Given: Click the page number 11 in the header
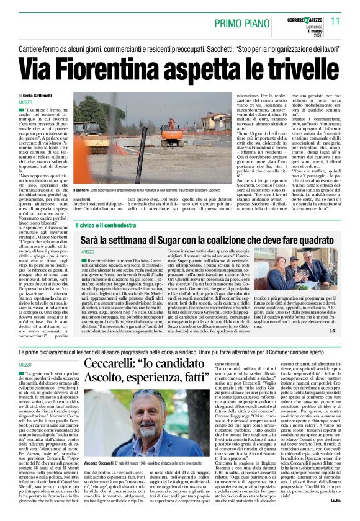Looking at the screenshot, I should coord(335,20).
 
